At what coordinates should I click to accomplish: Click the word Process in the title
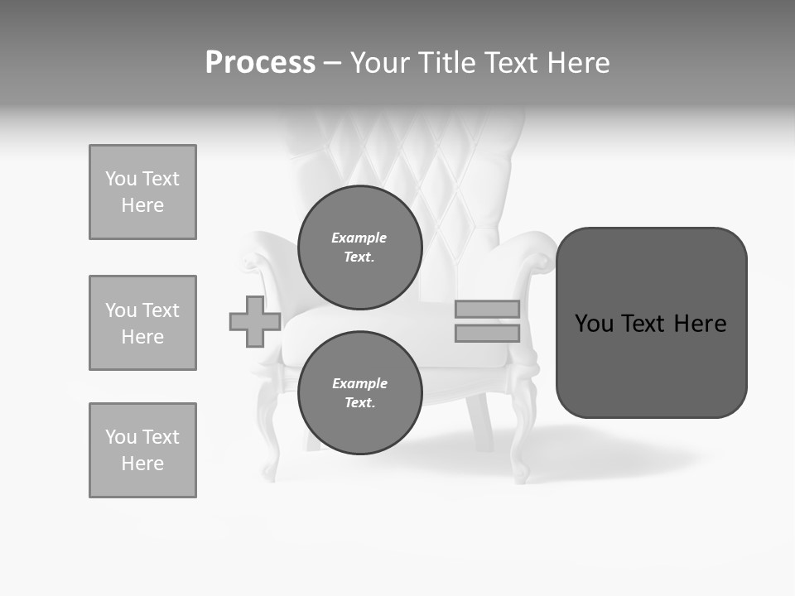260,63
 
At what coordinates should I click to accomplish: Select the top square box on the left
142,192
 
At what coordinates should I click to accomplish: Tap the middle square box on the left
142,323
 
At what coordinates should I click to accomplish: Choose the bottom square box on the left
142,450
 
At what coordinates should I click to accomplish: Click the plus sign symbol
255,321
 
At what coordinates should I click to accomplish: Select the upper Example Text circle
360,248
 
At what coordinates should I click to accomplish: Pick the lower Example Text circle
360,393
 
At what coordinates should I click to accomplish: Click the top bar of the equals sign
487,309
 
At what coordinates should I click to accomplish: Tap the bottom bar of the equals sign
487,334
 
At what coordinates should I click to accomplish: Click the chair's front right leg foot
521,473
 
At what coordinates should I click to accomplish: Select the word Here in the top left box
142,205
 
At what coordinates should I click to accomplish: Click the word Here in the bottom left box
142,464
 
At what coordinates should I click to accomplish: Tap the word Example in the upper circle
359,238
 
